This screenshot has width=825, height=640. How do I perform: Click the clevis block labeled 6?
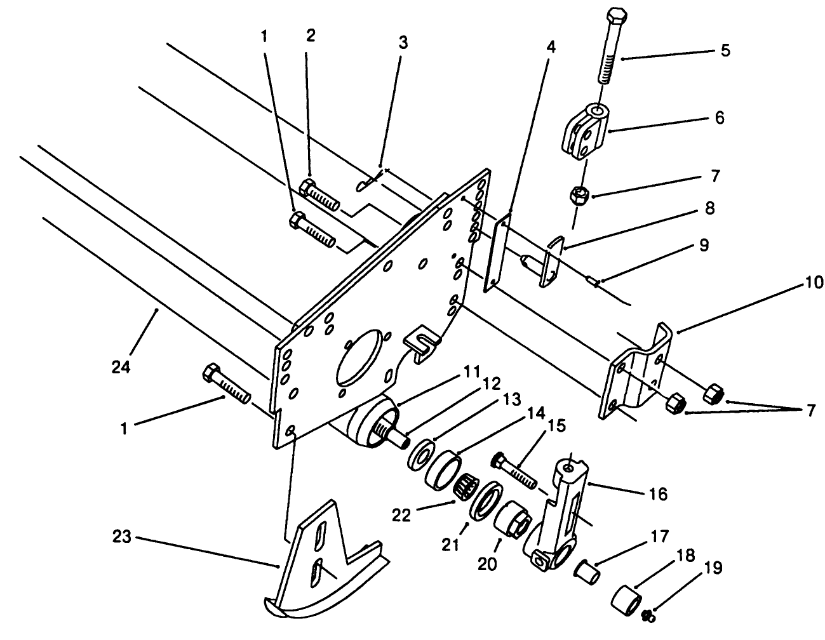click(x=585, y=131)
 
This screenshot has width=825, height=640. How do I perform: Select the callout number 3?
click(x=402, y=43)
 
